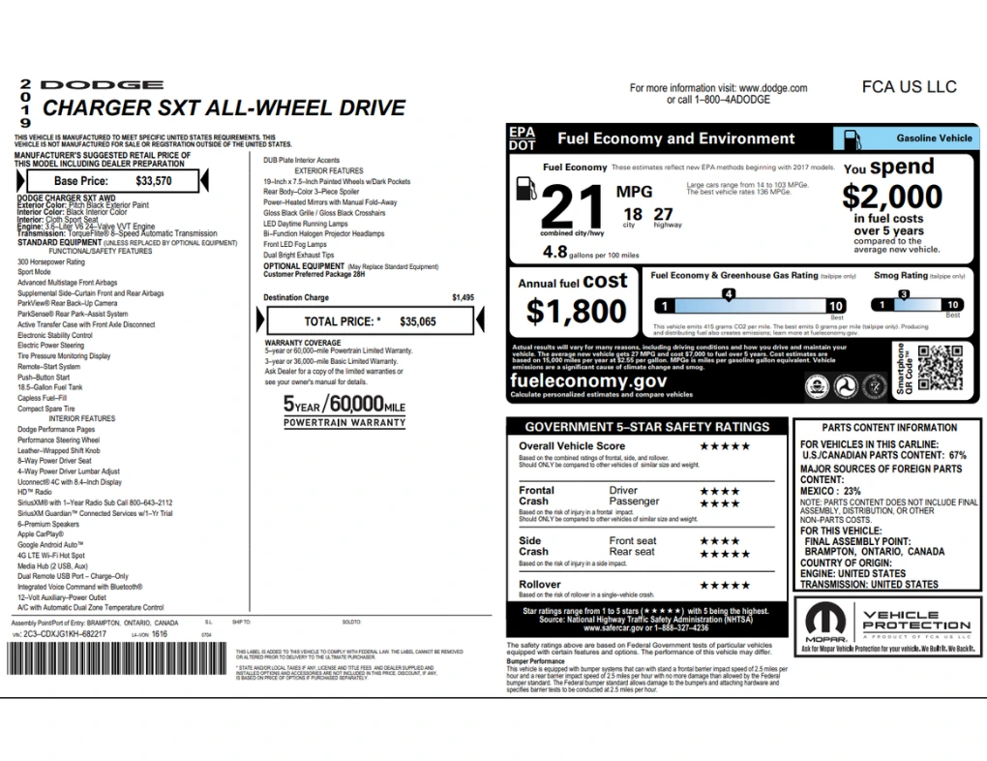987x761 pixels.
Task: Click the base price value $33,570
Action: coord(154,180)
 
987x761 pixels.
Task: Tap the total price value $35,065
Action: coord(418,320)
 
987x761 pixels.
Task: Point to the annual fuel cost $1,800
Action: coord(577,311)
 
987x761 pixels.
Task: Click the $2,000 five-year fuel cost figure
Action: coord(891,198)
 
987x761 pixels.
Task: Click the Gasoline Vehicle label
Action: coord(933,138)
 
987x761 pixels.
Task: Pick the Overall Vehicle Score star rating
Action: coord(725,446)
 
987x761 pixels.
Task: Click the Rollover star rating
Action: coord(725,585)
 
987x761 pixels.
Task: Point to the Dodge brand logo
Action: coord(101,86)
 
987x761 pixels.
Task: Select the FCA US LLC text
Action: coord(909,87)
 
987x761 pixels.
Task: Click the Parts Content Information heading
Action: coord(889,427)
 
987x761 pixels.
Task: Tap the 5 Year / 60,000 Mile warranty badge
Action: coord(344,410)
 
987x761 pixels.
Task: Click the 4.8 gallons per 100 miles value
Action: coord(555,252)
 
